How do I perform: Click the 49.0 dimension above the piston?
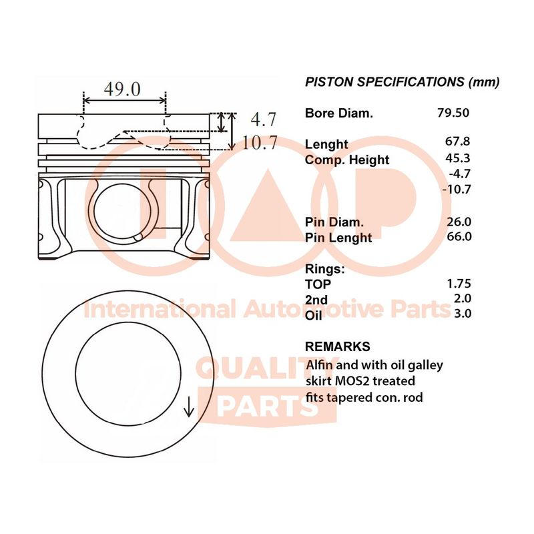(122, 89)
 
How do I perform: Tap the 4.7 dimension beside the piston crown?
(264, 119)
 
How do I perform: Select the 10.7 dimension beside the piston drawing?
(260, 142)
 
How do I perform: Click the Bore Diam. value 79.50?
(453, 113)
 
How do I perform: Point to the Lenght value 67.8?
(457, 141)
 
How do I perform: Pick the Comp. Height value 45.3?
(457, 158)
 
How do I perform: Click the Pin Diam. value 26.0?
(459, 222)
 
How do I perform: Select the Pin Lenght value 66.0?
(459, 236)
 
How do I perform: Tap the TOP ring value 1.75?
(459, 283)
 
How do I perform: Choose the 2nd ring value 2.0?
(463, 298)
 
